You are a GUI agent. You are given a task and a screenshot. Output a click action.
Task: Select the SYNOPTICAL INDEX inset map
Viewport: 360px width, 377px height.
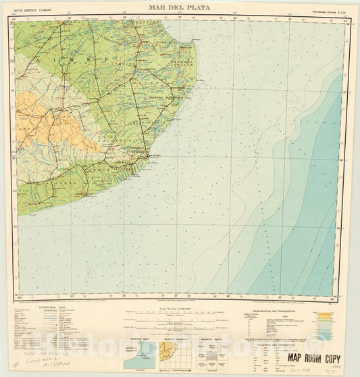pos(139,352)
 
